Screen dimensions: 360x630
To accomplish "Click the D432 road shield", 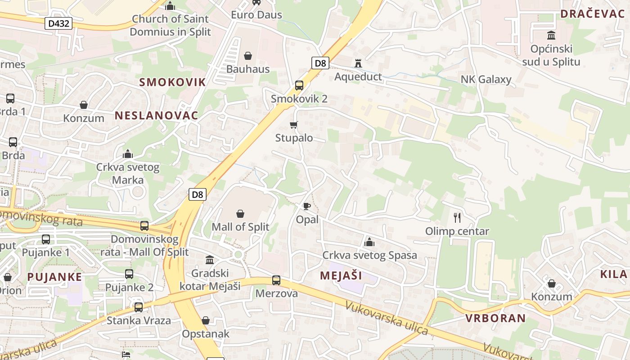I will tap(58, 23).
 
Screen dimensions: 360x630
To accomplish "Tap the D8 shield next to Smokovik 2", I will tap(320, 63).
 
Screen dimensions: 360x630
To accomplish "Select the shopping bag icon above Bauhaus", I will tap(247, 56).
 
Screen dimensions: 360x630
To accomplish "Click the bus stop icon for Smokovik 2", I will tap(299, 85).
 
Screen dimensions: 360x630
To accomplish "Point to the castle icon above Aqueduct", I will tap(358, 63).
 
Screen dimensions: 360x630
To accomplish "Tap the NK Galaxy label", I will tap(486, 80).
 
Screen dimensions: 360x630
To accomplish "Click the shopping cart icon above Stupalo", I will tap(294, 125).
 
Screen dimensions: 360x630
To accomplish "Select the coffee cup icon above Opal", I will tap(307, 207).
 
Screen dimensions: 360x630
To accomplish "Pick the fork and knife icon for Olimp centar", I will tap(457, 218).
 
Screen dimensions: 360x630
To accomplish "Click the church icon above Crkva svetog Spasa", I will tap(369, 242).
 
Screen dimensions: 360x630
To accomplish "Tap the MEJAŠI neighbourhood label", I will tap(341, 275).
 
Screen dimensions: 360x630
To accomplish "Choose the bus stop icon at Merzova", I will tap(276, 280).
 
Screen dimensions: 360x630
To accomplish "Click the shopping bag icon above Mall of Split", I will tap(240, 213).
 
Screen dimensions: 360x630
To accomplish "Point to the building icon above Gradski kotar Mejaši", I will tap(210, 260).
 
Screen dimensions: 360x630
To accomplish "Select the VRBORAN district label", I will tap(495, 318).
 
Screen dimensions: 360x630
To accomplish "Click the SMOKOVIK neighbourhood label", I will tap(172, 82).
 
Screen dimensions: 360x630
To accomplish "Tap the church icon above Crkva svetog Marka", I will tap(128, 154).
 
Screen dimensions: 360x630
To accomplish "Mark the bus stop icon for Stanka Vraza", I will tap(139, 307).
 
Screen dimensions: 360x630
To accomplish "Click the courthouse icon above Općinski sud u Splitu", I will tap(551, 35).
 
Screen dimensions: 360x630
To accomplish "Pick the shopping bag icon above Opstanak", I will tap(206, 320).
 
